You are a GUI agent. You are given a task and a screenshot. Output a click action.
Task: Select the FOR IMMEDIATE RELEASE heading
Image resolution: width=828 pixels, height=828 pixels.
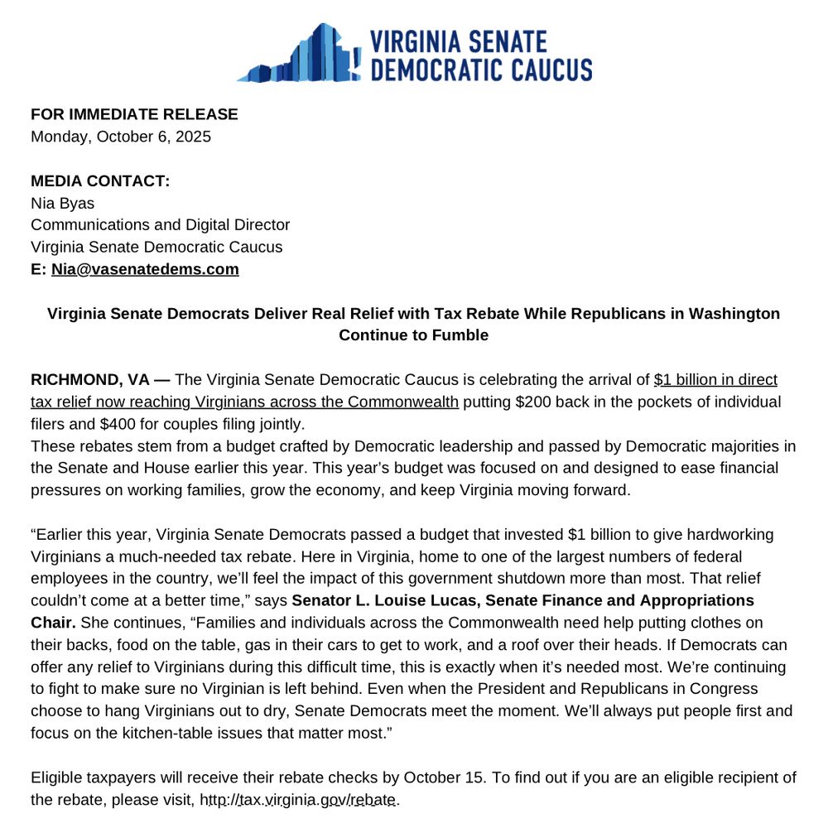tap(134, 114)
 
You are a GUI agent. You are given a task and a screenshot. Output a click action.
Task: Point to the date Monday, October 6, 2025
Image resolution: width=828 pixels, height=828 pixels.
tap(121, 137)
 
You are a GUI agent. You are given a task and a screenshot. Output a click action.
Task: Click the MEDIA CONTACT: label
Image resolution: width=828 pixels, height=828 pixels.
tap(100, 181)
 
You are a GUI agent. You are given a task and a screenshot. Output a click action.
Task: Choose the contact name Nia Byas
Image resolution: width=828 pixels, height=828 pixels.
tap(63, 203)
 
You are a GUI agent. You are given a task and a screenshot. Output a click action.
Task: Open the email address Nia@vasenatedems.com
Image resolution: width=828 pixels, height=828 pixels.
tap(145, 269)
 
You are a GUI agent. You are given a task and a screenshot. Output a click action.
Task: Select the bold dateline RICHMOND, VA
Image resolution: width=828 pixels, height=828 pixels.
tap(89, 380)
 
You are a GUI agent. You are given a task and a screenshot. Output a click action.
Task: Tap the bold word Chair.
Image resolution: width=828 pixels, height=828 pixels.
tap(53, 622)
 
